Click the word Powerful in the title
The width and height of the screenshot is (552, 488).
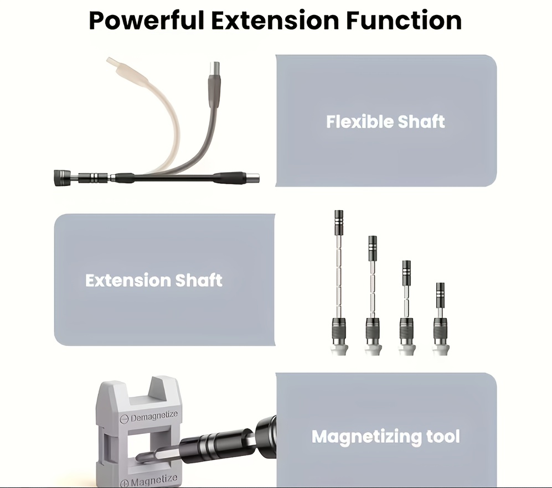coord(147,21)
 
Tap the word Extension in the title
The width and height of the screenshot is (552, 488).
coord(275,20)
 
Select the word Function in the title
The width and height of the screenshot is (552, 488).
coord(404,20)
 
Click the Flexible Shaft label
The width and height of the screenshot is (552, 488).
coord(385,122)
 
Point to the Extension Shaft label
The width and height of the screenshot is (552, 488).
coord(154,281)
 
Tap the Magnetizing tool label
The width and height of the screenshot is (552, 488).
coord(386,437)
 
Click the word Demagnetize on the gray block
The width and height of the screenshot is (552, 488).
coord(154,416)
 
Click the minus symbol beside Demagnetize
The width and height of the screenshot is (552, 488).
coord(124,419)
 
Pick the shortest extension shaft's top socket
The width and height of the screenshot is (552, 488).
coord(440,292)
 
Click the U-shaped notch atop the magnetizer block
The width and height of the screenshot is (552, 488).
coord(162,386)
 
